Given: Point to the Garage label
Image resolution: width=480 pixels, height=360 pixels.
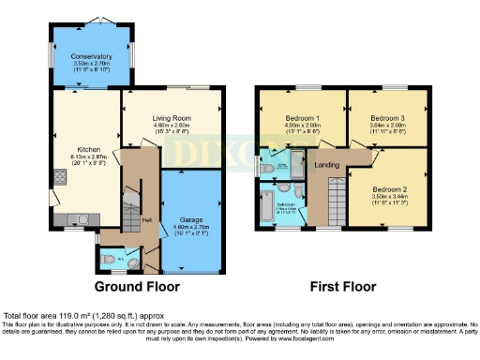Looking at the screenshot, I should coord(191,219).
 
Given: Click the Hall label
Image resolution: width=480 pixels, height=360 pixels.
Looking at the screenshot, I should coord(146,220).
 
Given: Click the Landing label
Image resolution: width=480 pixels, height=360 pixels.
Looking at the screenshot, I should coord(327,166).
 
